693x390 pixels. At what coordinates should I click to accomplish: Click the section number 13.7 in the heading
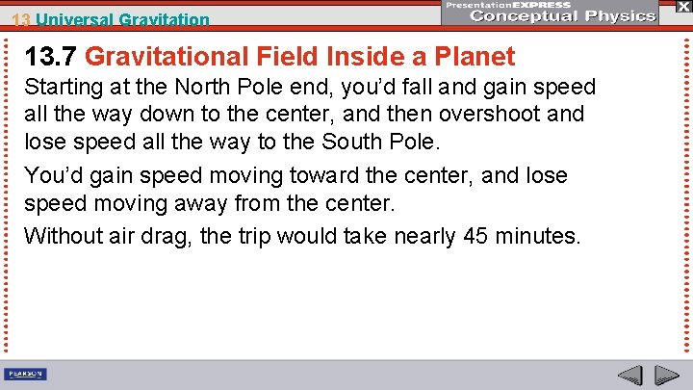click(57, 57)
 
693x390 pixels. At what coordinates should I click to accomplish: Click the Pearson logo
click(26, 374)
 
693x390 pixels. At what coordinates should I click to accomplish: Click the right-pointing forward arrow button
click(666, 375)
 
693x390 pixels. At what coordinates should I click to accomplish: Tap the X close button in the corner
click(683, 7)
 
